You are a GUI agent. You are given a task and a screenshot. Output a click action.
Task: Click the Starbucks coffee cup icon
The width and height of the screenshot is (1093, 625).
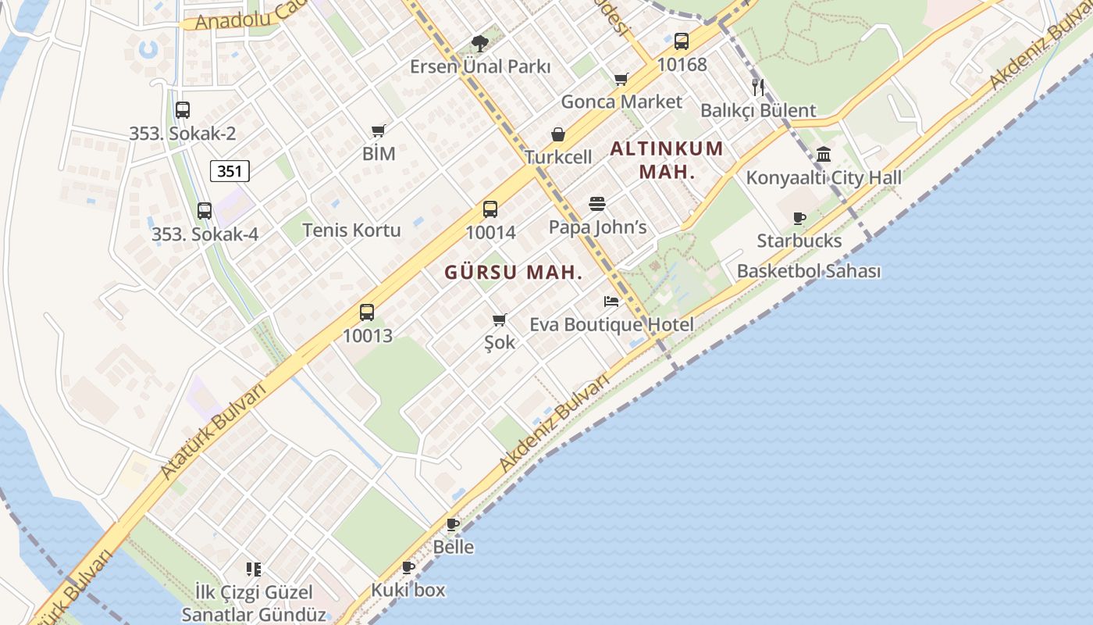(x=799, y=218)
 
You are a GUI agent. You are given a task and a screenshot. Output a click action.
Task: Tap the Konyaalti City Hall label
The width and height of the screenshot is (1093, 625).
(x=824, y=177)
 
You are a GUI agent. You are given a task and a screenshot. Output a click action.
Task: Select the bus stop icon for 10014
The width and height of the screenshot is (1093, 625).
(x=490, y=209)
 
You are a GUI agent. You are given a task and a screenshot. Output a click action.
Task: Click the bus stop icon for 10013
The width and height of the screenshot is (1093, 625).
(x=367, y=312)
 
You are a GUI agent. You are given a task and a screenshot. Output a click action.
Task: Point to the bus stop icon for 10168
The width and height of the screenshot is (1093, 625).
(x=682, y=41)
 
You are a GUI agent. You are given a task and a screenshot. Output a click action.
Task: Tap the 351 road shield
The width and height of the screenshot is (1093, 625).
(x=230, y=171)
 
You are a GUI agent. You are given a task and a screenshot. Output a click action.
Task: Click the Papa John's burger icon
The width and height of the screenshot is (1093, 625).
(x=597, y=205)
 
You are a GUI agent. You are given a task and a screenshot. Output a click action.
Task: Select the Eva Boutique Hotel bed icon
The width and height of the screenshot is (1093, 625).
(x=611, y=302)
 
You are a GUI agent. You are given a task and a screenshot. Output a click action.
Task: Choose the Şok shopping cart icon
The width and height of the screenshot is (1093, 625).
(x=500, y=320)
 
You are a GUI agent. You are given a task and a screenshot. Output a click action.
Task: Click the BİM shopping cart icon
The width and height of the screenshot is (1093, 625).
(x=379, y=130)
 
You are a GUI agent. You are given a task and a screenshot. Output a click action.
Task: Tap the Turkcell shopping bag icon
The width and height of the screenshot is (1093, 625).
(x=558, y=134)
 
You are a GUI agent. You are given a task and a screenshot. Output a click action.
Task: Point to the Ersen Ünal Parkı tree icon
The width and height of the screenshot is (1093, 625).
(x=480, y=44)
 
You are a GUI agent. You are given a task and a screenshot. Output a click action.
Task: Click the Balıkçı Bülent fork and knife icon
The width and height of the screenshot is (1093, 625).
(x=757, y=87)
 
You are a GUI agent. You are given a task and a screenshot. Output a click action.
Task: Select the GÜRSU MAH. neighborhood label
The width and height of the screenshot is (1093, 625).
(x=514, y=273)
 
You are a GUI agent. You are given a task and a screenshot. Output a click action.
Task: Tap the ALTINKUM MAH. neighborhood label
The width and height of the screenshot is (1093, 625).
(x=666, y=159)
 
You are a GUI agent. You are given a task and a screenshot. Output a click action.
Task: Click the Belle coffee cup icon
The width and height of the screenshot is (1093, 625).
(x=453, y=524)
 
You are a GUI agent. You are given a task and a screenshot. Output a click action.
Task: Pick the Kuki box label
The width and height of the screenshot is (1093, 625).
(x=408, y=590)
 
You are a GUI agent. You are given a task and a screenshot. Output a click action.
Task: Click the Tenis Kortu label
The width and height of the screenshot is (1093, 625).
(x=351, y=230)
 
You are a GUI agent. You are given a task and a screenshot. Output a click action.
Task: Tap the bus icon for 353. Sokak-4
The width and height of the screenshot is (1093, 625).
(x=205, y=211)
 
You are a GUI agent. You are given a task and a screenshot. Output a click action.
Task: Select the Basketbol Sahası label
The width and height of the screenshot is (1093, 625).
(x=809, y=271)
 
